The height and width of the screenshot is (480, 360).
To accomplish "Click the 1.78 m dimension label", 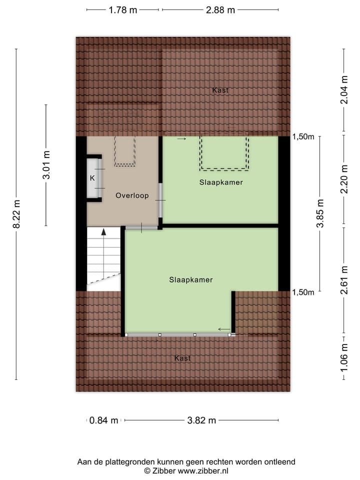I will coord(123,10).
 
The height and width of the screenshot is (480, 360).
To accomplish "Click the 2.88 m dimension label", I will coord(220,10).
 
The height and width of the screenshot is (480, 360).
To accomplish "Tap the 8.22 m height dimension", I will coord(16,214).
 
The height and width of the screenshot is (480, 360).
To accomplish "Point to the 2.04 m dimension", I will coord(344,91).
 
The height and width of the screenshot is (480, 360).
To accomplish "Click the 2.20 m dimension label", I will coord(344,181).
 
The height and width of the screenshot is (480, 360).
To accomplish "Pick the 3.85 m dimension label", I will coord(320,213).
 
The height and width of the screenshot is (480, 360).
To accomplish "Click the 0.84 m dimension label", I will coord(104,420).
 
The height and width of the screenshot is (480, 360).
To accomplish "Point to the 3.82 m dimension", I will coord(201,420).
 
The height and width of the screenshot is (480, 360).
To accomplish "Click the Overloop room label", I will coord(132,195).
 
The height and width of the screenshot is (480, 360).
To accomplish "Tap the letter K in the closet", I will coord(92,178).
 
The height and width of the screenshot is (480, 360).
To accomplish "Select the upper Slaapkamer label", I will coord(220,182).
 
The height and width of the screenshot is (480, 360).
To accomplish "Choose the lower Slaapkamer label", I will coord(190,280).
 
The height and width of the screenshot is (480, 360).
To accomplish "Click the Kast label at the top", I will coord(220,90).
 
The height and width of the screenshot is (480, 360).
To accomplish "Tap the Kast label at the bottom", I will coord(182,358).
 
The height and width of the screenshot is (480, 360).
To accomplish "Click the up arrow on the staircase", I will coord(104,232).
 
